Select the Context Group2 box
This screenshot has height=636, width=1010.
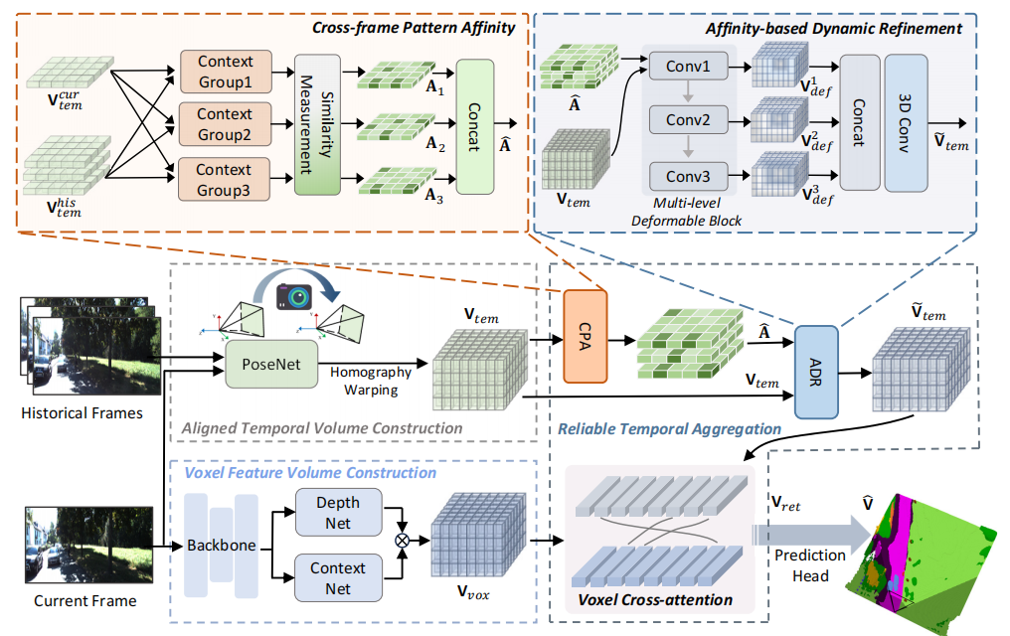225,123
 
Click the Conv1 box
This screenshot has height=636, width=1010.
687,69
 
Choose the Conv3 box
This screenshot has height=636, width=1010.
687,178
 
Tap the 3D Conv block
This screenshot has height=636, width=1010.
906,122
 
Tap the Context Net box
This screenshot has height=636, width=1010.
339,578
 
